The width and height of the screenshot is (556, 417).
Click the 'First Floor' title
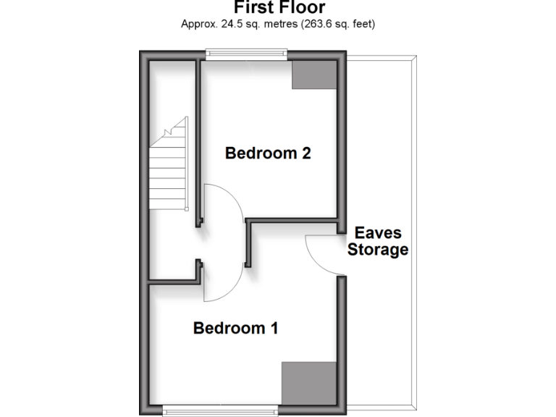coord(279,7)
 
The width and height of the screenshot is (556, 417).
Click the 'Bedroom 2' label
coord(268,153)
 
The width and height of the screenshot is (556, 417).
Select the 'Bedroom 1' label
coord(236,328)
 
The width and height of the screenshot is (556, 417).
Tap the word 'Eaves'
coord(378,234)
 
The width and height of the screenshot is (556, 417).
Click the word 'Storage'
coord(378,250)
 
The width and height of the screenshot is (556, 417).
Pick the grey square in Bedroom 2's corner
coord(314,75)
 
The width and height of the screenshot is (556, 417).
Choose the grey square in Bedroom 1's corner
coord(309,383)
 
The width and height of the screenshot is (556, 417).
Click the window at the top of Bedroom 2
coord(246,51)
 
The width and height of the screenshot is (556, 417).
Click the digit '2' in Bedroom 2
coord(306,153)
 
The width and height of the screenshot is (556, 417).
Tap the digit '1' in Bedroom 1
coord(274,328)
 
